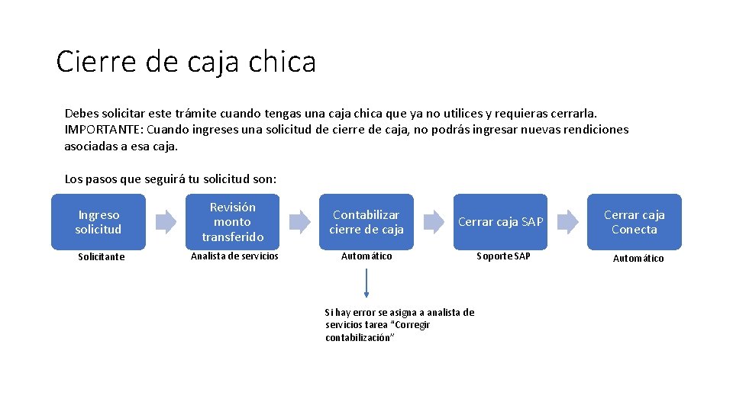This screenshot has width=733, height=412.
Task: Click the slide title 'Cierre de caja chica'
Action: [186, 62]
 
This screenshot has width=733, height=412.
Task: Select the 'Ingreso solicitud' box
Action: [98, 222]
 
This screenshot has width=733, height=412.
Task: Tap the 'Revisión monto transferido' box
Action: [232, 222]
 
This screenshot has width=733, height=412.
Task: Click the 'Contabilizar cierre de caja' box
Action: [366, 222]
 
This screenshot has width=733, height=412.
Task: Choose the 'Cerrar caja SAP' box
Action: [500, 222]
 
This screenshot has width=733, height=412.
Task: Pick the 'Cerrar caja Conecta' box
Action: [634, 222]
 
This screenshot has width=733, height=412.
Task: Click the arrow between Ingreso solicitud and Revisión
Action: [166, 222]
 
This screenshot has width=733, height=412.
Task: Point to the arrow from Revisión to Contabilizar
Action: [299, 222]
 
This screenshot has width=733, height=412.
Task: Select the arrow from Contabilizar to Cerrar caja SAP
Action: [434, 222]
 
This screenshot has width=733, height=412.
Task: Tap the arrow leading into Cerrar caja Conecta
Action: [567, 222]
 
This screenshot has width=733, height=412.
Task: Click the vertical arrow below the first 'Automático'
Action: [366, 283]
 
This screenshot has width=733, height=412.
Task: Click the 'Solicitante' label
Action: [101, 257]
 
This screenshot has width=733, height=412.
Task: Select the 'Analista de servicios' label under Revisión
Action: [234, 256]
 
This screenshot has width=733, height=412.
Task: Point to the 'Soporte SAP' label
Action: [503, 256]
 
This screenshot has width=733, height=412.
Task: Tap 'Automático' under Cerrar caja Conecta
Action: [638, 259]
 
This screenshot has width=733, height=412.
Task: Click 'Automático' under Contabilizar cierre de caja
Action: [366, 256]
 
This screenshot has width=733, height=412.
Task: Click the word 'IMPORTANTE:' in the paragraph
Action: [98, 130]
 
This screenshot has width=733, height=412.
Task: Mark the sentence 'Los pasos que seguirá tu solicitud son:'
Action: [170, 179]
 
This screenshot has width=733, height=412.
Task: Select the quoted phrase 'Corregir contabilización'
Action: [377, 331]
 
